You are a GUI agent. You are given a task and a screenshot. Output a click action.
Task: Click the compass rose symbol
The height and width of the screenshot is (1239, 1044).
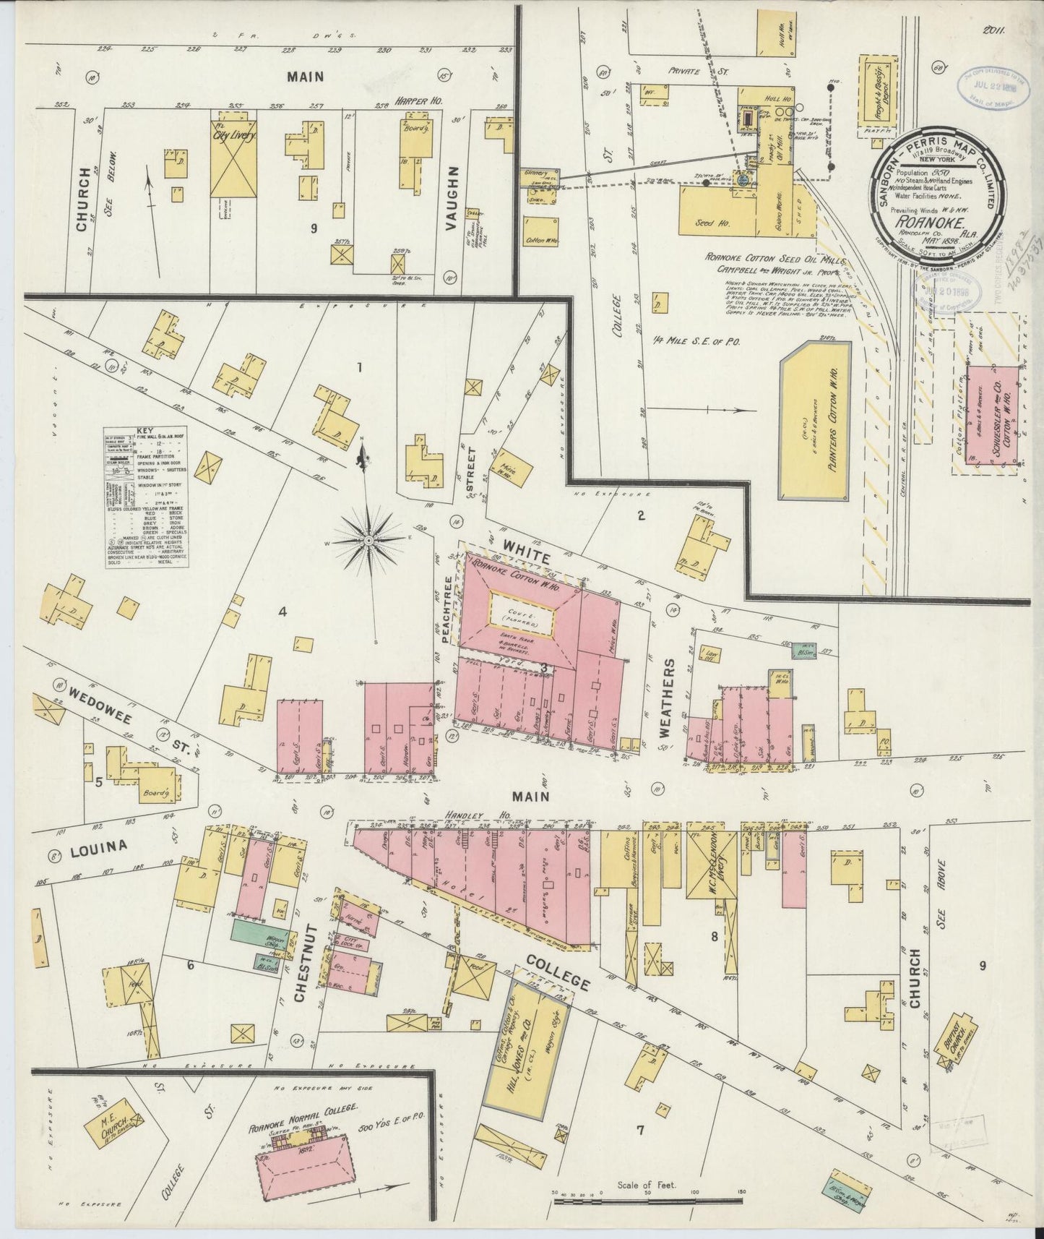(369, 539)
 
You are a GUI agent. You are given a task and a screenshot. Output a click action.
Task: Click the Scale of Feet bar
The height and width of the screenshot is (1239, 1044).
(648, 1201)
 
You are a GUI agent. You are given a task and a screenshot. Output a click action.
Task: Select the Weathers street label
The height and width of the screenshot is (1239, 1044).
(665, 697)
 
